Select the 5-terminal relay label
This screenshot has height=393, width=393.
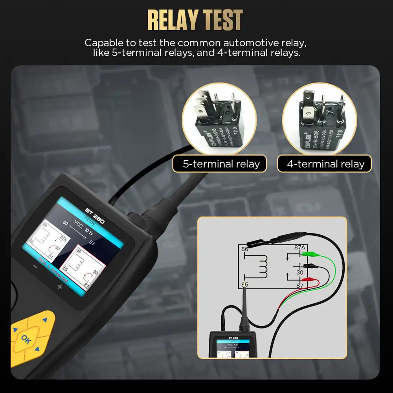tap(221, 164)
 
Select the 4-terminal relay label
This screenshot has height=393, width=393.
tap(325, 164)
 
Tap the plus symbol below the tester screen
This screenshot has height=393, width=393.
tap(60, 287)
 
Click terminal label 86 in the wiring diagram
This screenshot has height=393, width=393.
tap(245, 250)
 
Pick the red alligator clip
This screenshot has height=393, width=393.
tap(312, 280)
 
